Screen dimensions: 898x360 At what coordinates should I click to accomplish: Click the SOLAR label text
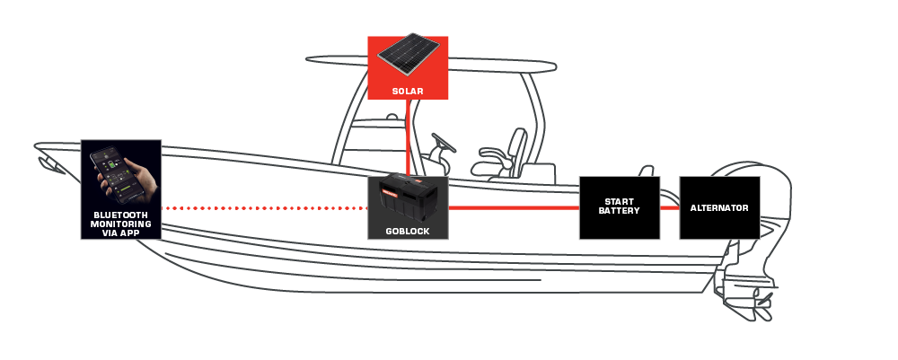[x=408, y=91]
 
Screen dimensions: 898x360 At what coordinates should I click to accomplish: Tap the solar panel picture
[x=409, y=55]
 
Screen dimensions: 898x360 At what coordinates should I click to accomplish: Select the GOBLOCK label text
[x=408, y=232]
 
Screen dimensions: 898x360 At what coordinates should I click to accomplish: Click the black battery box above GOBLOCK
[x=408, y=199]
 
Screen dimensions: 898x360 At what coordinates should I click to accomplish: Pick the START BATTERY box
[x=620, y=207]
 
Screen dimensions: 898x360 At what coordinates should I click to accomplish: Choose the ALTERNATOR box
[x=719, y=207]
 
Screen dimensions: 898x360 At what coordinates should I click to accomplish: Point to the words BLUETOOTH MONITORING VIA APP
[x=121, y=224]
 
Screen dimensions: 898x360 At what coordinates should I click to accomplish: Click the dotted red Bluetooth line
[x=264, y=208]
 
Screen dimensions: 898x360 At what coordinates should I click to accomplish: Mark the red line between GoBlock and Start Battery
[x=514, y=208]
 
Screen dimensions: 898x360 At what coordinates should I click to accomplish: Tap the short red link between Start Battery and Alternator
[x=670, y=208]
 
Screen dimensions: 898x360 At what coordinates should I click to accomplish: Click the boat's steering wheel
[x=444, y=143]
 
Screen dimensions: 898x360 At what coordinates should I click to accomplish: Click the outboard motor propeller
[x=761, y=307]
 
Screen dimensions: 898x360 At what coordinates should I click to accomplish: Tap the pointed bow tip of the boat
[x=37, y=145]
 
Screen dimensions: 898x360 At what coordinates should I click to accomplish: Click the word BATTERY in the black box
[x=619, y=211]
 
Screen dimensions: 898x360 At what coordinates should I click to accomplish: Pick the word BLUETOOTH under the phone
[x=121, y=215]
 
